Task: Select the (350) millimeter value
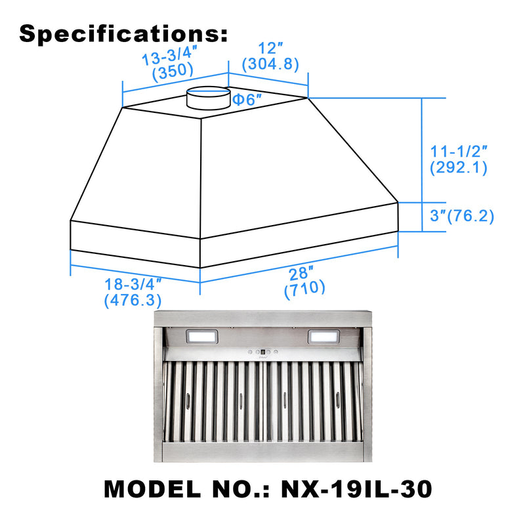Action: tap(173, 72)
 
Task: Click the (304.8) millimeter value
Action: tap(270, 64)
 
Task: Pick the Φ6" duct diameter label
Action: tap(247, 100)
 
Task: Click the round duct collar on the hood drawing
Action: tap(208, 98)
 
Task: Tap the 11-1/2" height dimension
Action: tap(458, 150)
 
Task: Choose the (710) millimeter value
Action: tap(304, 287)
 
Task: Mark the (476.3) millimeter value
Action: tap(133, 301)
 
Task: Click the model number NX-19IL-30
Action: tap(359, 489)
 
